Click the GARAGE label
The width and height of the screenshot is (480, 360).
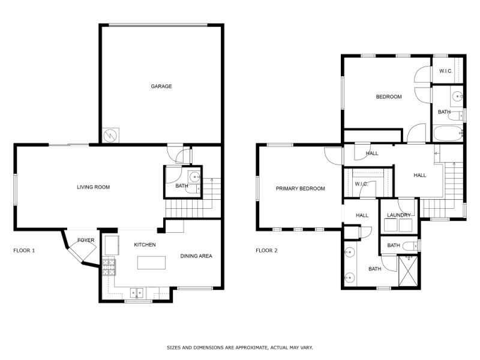161,86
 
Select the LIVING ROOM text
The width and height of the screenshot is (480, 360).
93,187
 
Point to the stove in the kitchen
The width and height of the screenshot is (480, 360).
108,266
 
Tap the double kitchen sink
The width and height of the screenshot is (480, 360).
137,293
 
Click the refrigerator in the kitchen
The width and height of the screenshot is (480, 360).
112,245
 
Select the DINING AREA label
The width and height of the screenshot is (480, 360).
196,256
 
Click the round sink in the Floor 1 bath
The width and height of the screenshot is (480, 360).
194,176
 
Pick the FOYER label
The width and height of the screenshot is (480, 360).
86,240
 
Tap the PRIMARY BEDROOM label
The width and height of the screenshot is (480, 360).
300,188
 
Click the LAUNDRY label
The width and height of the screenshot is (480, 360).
398,215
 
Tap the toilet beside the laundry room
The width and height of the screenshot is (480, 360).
411,245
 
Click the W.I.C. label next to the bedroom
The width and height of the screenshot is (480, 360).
445,71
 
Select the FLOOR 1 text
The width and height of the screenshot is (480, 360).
24,250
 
